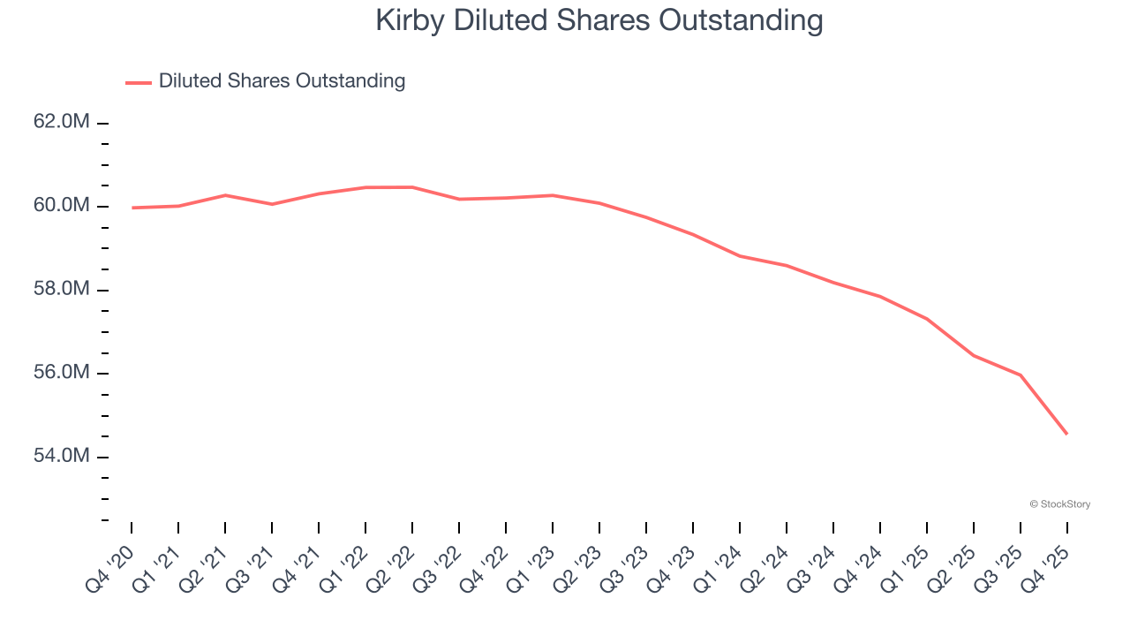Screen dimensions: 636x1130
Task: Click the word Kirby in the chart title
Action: tap(411, 20)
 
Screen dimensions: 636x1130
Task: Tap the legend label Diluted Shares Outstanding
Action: tap(282, 81)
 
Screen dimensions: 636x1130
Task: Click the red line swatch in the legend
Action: tap(139, 82)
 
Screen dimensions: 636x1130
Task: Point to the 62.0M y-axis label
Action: tap(61, 122)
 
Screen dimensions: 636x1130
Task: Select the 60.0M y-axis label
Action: tap(61, 206)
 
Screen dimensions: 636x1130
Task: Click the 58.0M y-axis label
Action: tap(61, 290)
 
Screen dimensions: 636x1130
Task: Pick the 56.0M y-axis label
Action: tap(61, 373)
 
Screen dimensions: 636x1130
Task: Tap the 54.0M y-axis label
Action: tap(61, 457)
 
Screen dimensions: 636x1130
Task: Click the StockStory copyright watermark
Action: tap(1059, 504)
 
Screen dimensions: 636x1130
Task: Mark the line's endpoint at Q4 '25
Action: tap(1067, 434)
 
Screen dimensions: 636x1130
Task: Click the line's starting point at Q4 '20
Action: tap(132, 208)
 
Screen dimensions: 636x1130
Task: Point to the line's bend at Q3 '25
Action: tap(1021, 375)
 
